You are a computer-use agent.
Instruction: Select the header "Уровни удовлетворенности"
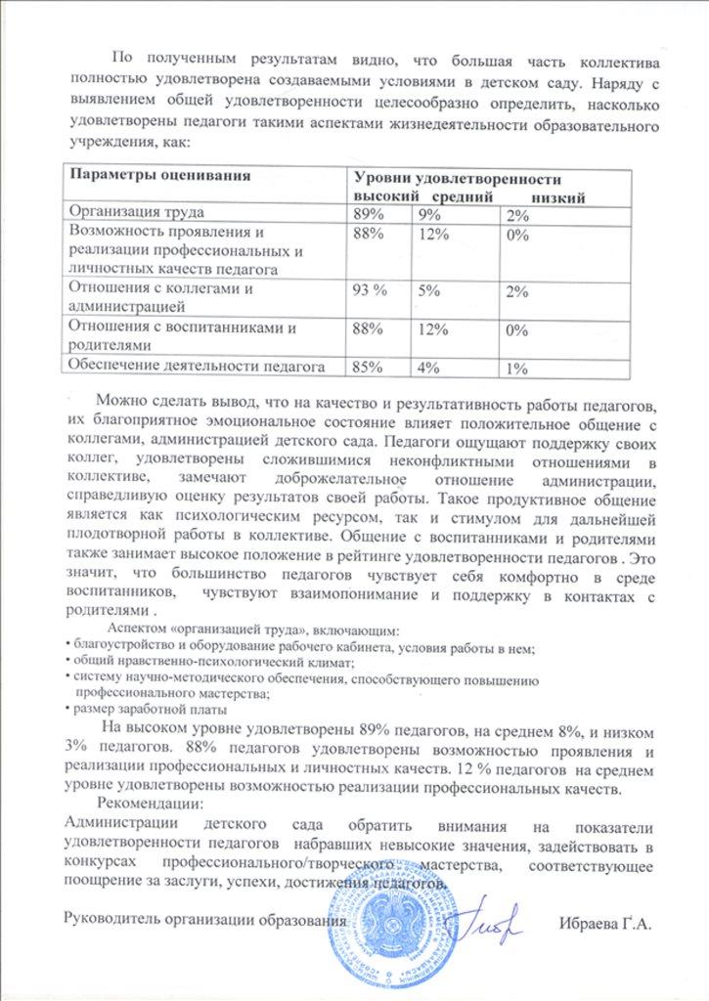tap(456, 180)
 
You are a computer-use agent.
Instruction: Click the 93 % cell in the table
tap(373, 290)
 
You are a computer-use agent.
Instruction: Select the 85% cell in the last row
tap(368, 368)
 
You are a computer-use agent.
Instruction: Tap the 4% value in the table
tap(426, 368)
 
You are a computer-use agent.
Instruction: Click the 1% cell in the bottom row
tap(518, 368)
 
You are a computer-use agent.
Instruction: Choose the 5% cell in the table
tap(426, 290)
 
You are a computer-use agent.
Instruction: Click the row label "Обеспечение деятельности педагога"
tap(195, 367)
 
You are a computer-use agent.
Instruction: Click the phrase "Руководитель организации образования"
tap(204, 920)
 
